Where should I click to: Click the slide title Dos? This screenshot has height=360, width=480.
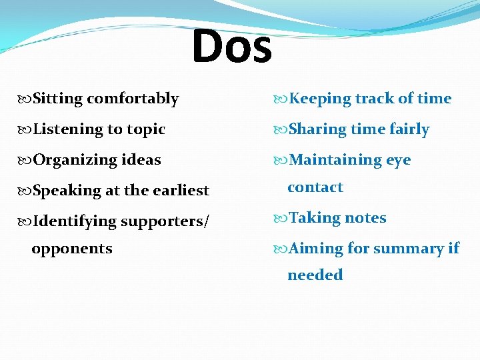pyautogui.click(x=232, y=46)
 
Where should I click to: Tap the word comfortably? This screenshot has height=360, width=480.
pyautogui.click(x=133, y=99)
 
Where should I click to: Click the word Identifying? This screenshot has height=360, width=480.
pyautogui.click(x=75, y=221)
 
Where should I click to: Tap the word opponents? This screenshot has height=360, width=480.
pyautogui.click(x=72, y=249)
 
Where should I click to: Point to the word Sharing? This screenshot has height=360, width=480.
pyautogui.click(x=317, y=129)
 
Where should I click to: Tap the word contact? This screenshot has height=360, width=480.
pyautogui.click(x=315, y=187)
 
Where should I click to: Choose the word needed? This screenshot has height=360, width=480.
pyautogui.click(x=315, y=275)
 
